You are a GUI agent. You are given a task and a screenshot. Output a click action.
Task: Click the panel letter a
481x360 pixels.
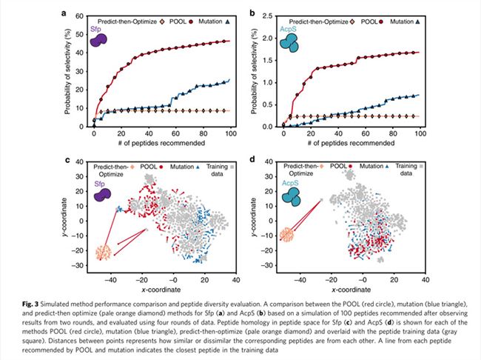point(64,13)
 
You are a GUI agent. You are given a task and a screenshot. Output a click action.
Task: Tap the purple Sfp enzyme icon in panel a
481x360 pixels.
point(98,40)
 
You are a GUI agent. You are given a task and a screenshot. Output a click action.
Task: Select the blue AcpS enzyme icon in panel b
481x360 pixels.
point(289,43)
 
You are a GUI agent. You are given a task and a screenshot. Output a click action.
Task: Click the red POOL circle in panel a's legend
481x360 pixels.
point(191,21)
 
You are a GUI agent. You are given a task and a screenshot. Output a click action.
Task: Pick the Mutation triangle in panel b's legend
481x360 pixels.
point(417,21)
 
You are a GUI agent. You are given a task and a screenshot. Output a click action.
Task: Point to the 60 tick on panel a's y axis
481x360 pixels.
point(79,16)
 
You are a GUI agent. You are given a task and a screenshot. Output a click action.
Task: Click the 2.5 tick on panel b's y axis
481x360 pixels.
point(267,16)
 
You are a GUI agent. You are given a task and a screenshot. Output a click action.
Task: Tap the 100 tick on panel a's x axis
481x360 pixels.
point(231,133)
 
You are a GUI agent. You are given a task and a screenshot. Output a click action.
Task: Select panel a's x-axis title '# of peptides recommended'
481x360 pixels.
point(161,143)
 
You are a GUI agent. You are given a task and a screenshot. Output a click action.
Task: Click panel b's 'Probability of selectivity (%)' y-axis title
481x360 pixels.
point(254,72)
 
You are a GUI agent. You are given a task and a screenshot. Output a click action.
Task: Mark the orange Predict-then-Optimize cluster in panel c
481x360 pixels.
point(104,253)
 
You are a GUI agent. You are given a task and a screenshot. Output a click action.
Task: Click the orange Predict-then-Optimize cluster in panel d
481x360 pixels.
point(287,234)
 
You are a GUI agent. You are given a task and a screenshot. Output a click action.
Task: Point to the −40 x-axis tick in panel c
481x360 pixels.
point(110,280)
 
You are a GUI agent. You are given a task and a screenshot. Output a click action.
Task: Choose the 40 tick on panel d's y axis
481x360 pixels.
point(269,161)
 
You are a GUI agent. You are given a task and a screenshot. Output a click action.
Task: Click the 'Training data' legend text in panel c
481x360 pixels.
point(217,170)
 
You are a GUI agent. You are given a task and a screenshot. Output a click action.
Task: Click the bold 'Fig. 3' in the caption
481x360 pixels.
point(30,304)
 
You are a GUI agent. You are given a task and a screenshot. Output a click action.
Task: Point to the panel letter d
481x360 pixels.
point(252,160)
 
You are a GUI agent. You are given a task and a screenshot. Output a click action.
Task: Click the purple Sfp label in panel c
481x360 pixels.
point(99,184)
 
